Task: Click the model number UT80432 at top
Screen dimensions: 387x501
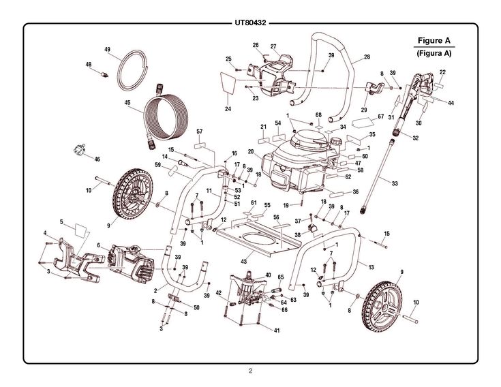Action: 250,21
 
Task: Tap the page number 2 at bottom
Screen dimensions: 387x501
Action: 250,371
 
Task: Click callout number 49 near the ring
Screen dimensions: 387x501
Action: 107,50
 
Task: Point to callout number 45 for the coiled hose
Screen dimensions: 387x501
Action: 127,103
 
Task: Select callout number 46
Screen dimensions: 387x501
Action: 97,159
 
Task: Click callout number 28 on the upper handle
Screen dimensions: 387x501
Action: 367,57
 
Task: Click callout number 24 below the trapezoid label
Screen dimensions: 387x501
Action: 228,108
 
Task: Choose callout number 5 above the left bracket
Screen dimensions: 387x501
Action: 61,221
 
